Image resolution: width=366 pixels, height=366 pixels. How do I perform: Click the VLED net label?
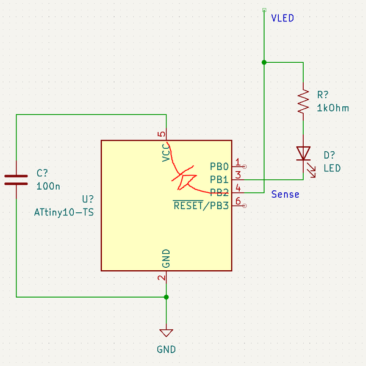(282, 18)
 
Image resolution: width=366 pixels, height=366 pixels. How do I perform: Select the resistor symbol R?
(303, 102)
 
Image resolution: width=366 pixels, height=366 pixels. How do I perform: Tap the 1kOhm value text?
(333, 108)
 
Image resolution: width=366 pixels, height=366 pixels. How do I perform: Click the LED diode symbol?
(303, 153)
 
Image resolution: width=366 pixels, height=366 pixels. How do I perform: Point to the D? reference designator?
(330, 156)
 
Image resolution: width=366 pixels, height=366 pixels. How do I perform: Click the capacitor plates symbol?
(16, 179)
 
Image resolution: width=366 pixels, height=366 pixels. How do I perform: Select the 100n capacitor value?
(48, 186)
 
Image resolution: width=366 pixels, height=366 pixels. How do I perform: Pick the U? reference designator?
(88, 199)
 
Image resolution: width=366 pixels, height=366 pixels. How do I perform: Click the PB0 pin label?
(219, 167)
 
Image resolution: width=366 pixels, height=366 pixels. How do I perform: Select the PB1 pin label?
(219, 180)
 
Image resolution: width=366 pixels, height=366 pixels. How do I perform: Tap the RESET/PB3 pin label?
(201, 206)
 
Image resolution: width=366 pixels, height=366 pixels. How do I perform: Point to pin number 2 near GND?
(162, 278)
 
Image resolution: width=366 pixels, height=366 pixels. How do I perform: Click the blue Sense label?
(285, 194)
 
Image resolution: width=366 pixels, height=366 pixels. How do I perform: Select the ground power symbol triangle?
(166, 333)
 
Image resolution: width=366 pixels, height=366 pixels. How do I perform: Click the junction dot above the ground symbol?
(166, 297)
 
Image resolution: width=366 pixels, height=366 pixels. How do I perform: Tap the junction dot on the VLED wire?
(264, 62)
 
